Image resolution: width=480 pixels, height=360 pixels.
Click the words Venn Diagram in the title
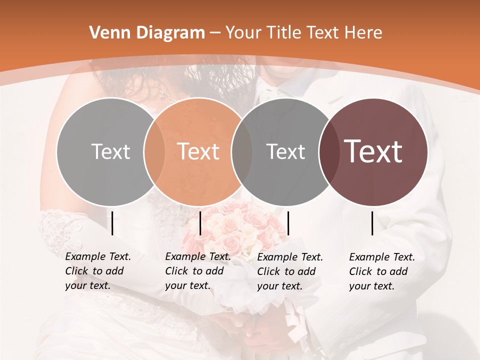[x=147, y=33]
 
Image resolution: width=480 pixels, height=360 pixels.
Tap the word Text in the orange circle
[x=198, y=151]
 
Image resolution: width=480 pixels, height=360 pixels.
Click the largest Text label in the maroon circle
[x=373, y=151]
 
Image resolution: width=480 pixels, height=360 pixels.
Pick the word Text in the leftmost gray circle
[x=110, y=151]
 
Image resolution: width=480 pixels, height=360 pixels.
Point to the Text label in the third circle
[x=285, y=151]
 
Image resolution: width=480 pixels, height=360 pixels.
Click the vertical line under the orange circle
[x=200, y=223]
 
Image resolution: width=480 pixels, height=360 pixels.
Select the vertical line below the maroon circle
[x=372, y=223]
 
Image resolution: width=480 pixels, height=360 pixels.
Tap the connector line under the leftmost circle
[x=112, y=223]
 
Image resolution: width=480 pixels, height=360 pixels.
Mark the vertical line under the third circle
[x=288, y=223]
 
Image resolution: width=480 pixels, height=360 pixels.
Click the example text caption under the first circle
[x=97, y=271]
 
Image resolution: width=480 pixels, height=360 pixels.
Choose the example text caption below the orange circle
[x=197, y=271]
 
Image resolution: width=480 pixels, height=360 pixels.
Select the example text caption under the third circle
[x=289, y=271]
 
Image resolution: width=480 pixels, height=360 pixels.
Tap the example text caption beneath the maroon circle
[x=381, y=271]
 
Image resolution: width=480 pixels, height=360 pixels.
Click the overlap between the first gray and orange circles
[x=154, y=151]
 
